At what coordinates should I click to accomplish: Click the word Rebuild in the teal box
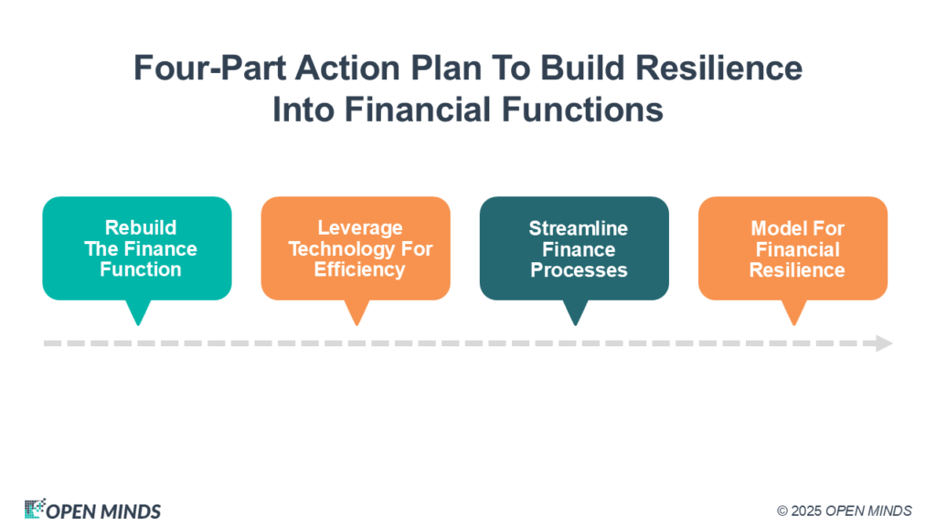pos(141,227)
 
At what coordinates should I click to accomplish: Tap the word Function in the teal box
pos(141,269)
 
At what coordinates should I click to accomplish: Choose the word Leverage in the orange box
pos(360,227)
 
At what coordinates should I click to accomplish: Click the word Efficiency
pos(360,269)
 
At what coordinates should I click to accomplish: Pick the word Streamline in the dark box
pos(579,227)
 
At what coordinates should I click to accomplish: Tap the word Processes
pos(579,269)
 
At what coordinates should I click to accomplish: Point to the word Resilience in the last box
pos(797,269)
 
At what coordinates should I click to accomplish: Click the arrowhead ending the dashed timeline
pos(885,343)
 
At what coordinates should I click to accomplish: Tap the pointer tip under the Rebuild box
pos(138,325)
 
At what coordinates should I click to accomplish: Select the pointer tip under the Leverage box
pos(356,325)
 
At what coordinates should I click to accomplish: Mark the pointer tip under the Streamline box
pos(576,325)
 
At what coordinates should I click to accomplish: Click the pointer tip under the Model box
pos(794,325)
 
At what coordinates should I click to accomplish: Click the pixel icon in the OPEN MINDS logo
pos(35,509)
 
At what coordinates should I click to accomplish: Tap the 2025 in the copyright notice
pos(806,511)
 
